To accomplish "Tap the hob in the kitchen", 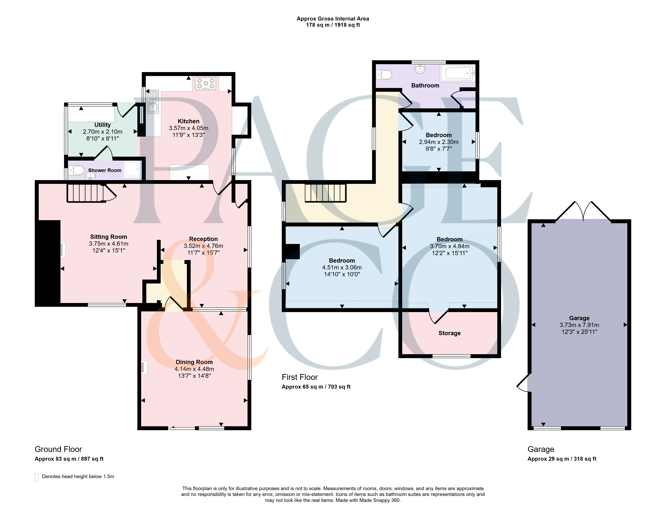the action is click(x=205, y=83).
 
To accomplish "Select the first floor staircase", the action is click(x=326, y=193).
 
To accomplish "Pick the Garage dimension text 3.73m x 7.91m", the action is click(x=579, y=325).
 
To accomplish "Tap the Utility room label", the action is click(x=103, y=125).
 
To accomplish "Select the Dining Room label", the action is click(x=194, y=362).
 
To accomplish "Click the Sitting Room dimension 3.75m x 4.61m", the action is click(x=109, y=244).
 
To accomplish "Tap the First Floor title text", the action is click(x=300, y=377).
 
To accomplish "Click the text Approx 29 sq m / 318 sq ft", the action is click(x=562, y=459).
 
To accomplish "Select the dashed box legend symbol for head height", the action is click(x=36, y=477).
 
